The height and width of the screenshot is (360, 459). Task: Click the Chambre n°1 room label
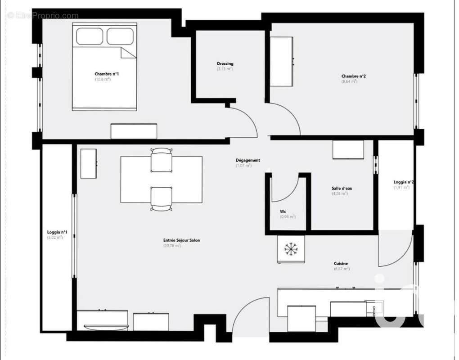coord(107,74)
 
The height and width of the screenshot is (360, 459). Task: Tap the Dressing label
coord(225,64)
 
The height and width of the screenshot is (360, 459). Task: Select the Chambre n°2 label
coord(353,76)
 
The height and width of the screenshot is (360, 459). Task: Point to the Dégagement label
coord(247,160)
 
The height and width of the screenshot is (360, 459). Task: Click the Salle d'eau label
coord(342,189)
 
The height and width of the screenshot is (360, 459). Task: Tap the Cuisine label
coord(341,264)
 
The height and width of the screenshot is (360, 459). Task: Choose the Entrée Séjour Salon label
coord(181,240)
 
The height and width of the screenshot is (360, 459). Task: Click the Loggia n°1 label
coord(57,232)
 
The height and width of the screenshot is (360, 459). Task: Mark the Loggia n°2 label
coord(404,182)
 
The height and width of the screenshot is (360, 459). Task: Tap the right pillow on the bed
coord(120,36)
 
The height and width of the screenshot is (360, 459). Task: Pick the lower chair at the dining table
coord(161,198)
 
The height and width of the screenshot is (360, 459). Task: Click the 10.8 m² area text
coord(103,79)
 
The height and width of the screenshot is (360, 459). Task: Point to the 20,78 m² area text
coord(172,246)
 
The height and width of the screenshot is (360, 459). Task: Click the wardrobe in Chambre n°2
coord(282,62)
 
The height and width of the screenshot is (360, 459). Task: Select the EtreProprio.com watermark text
coord(43,16)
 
